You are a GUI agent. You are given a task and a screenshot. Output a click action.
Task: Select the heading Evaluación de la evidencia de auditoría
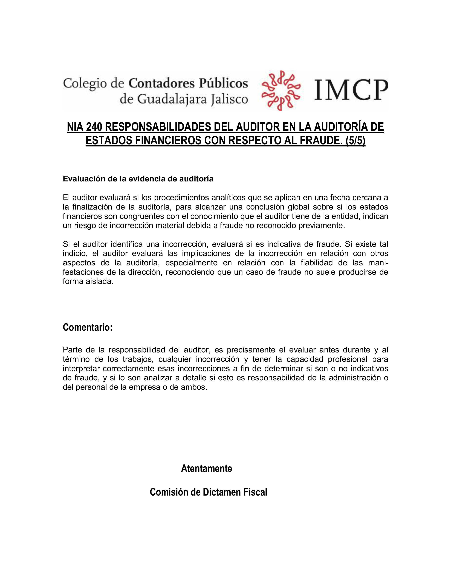point(138,179)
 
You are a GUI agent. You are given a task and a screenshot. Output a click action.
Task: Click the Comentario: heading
point(88,327)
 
